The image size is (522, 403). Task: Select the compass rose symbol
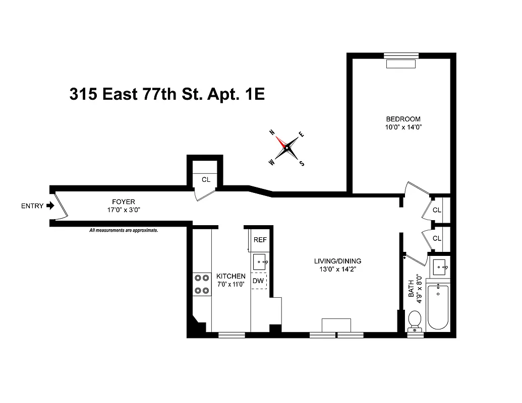[x=286, y=148]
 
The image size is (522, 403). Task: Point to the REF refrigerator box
[x=260, y=240]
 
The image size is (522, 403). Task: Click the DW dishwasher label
[x=258, y=281]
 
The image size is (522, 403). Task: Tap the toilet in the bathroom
[x=415, y=320]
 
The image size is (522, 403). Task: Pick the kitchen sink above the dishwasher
[x=260, y=261]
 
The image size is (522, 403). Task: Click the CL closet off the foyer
[x=206, y=179]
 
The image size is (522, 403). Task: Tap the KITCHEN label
[x=230, y=276]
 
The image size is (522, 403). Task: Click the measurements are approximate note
[x=124, y=230]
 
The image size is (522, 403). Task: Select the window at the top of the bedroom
[x=401, y=55]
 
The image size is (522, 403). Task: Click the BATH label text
[x=411, y=289]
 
